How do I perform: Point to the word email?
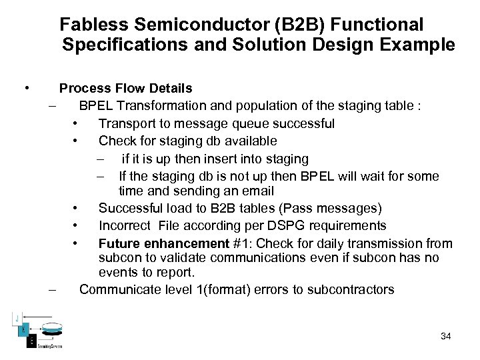259,191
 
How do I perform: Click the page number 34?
445,336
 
